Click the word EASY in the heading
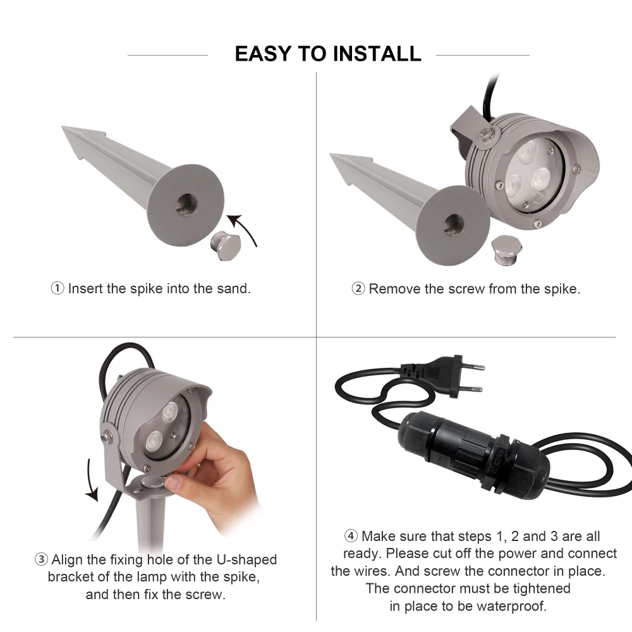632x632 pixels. [263, 54]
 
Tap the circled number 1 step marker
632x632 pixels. [58, 288]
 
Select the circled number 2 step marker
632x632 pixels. [358, 289]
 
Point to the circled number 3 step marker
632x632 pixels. [41, 559]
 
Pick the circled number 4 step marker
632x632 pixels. [351, 536]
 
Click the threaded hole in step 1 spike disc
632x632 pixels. [186, 204]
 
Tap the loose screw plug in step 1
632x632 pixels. [226, 245]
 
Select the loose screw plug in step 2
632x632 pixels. [507, 250]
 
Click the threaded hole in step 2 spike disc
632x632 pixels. [454, 225]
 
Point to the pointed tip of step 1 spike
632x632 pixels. [63, 128]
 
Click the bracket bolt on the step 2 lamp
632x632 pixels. [487, 133]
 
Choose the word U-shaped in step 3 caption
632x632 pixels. [246, 560]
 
